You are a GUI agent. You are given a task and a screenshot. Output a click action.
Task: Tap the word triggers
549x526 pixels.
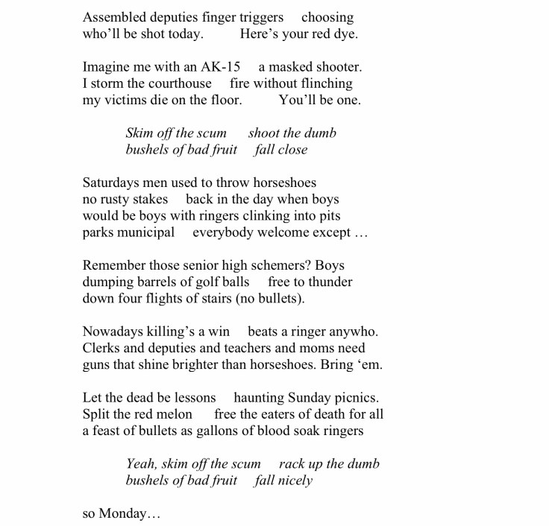click(257, 17)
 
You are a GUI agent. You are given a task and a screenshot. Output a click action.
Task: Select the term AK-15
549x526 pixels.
click(216, 66)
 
